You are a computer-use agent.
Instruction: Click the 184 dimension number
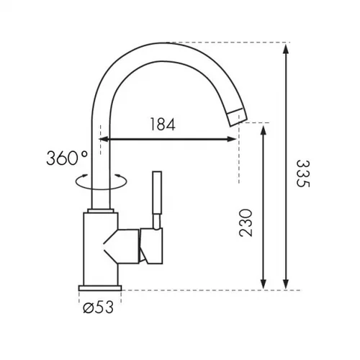click(163, 124)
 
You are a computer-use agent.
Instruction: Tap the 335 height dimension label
click(303, 174)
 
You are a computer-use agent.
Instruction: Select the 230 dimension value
click(246, 223)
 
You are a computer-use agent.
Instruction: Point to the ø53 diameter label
click(98, 307)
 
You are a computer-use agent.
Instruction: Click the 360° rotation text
click(67, 158)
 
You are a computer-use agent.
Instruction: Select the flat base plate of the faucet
click(100, 288)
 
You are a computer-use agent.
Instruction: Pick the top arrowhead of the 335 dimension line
click(285, 49)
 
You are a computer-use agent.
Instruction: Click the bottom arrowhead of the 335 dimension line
click(285, 284)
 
